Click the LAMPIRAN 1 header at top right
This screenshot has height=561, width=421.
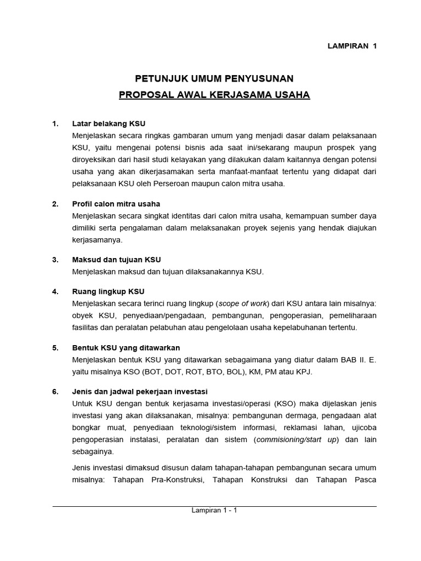click(x=351, y=46)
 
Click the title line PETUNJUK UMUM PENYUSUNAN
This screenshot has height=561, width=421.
click(x=214, y=78)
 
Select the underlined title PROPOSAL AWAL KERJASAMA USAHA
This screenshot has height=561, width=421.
click(x=214, y=95)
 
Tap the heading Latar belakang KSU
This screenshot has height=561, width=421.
click(x=109, y=123)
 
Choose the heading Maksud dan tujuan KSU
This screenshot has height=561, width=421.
click(x=116, y=259)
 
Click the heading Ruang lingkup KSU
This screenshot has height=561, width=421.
click(x=108, y=291)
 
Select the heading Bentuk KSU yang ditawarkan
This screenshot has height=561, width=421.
click(x=126, y=348)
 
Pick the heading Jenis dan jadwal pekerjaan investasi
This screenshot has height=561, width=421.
click(x=140, y=392)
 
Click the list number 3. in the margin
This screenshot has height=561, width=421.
click(x=55, y=259)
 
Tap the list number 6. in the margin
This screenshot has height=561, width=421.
click(x=55, y=392)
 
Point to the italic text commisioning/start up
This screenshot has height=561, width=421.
click(x=296, y=440)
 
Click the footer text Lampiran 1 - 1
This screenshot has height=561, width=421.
click(x=214, y=510)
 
